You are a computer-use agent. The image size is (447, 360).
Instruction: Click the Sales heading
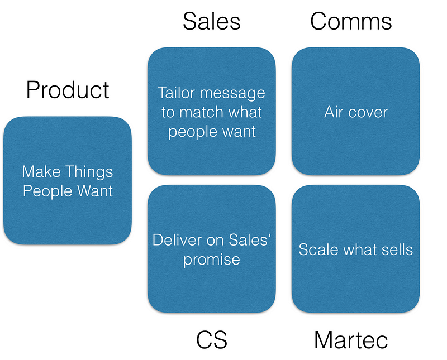point(211,21)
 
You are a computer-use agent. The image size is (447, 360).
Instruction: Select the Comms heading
point(351,21)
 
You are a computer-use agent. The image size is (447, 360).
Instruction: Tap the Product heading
point(68,90)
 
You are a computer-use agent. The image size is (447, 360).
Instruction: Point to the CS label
point(212,340)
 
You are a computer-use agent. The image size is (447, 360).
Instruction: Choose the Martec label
point(351,340)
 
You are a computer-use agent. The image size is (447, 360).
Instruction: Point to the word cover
point(368,112)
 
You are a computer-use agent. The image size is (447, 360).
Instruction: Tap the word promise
point(212,260)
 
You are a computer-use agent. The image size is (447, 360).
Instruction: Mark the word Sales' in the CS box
point(250,240)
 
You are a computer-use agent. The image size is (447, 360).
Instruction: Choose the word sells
point(396,249)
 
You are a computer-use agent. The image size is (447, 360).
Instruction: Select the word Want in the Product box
point(93,191)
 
